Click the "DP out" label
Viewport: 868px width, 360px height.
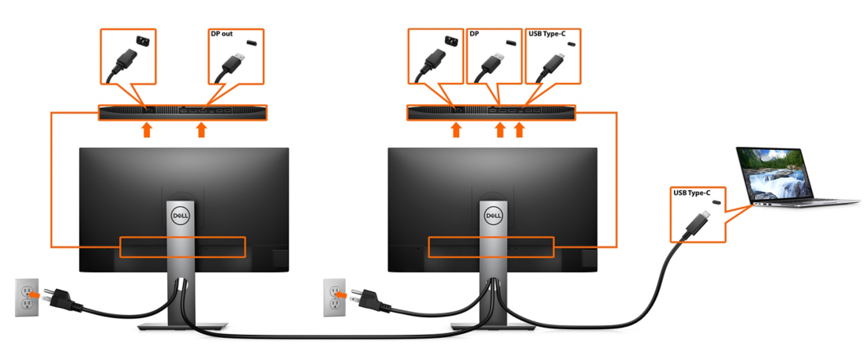pyautogui.click(x=222, y=34)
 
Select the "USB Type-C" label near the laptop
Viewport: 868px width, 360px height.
pyautogui.click(x=691, y=192)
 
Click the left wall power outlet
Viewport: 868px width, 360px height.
pyautogui.click(x=26, y=297)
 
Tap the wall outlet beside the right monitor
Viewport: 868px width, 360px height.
pyautogui.click(x=334, y=297)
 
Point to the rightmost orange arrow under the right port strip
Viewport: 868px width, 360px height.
pyautogui.click(x=519, y=129)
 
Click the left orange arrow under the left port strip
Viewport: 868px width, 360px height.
pyautogui.click(x=146, y=129)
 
